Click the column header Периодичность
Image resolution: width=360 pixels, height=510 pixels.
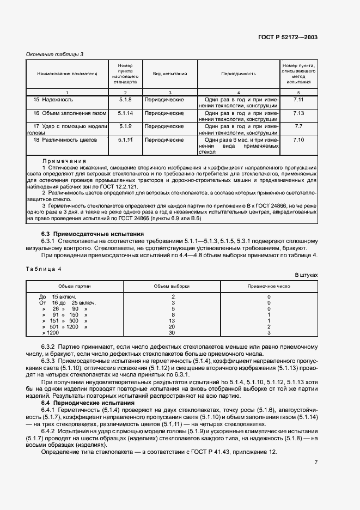[x=239, y=73]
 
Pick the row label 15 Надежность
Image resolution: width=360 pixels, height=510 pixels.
[x=53, y=100]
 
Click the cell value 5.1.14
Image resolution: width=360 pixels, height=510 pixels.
[x=125, y=113]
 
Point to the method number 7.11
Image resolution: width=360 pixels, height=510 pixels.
[x=298, y=100]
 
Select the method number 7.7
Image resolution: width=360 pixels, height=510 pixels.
[x=298, y=126]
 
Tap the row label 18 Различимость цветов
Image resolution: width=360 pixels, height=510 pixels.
[x=65, y=140]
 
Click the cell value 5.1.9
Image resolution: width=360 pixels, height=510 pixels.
[x=125, y=126]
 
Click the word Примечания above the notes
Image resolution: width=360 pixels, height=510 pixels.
[x=64, y=161]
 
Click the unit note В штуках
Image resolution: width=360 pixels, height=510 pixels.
[x=306, y=276]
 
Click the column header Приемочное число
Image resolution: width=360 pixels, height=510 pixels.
[x=269, y=286]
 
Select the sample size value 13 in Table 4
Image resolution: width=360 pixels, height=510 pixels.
[x=172, y=320]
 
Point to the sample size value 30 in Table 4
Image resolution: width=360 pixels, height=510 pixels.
[x=172, y=332]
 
